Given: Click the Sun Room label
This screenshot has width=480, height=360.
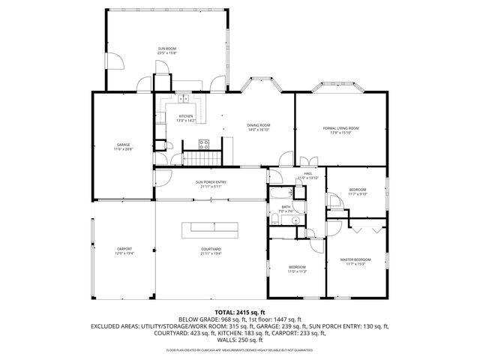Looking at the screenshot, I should pyautogui.click(x=166, y=47).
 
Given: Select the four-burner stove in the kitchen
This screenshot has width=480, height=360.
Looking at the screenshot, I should pyautogui.click(x=203, y=143).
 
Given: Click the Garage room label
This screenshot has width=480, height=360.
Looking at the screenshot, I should pyautogui.click(x=123, y=145).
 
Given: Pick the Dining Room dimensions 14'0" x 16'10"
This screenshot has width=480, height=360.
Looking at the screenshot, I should pyautogui.click(x=259, y=129).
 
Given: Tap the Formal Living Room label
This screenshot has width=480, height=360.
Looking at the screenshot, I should pyautogui.click(x=341, y=128).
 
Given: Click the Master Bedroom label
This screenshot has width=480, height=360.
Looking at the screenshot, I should pyautogui.click(x=356, y=259).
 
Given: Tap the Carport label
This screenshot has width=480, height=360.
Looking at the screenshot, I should pyautogui.click(x=124, y=249).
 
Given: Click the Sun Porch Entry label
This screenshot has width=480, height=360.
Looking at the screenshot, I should pyautogui.click(x=211, y=181).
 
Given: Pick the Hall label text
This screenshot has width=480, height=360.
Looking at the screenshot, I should pyautogui.click(x=308, y=172).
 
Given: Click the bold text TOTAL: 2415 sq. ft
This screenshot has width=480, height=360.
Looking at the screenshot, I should pyautogui.click(x=240, y=311).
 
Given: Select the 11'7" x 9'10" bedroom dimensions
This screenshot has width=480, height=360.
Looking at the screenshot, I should pyautogui.click(x=358, y=194).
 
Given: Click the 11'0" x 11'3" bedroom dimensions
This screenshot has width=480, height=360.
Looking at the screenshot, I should pyautogui.click(x=297, y=271).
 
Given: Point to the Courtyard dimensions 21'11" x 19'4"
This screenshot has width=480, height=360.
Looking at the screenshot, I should pyautogui.click(x=211, y=253).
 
